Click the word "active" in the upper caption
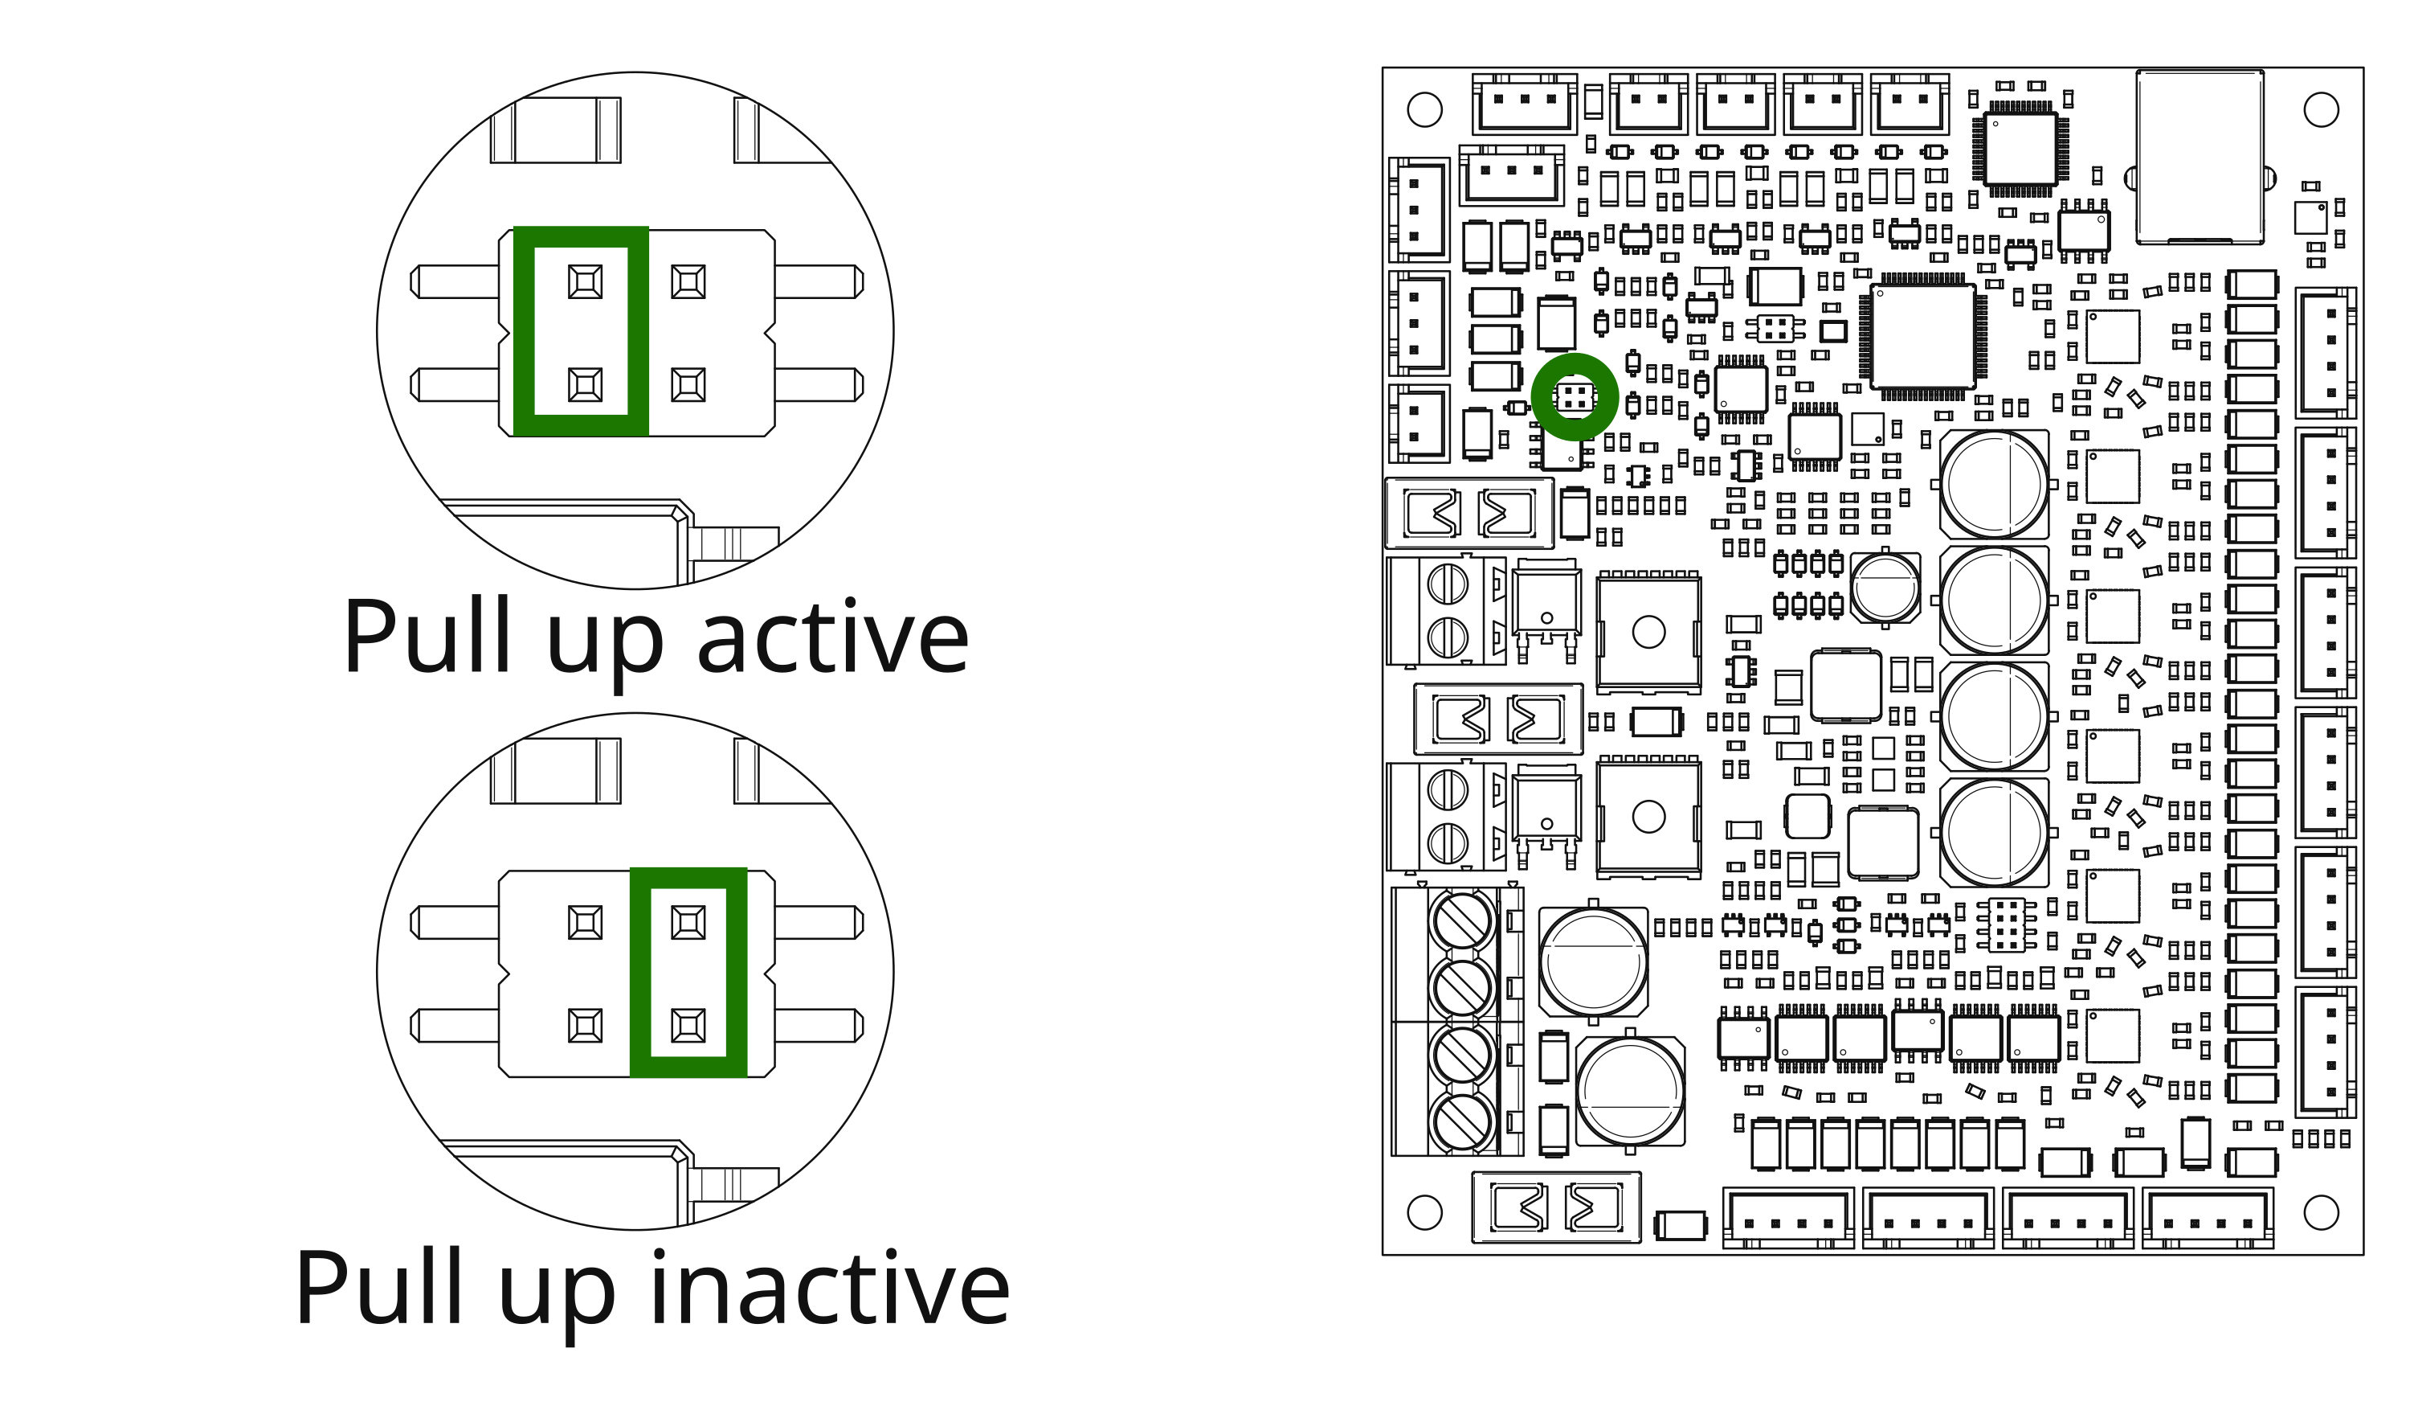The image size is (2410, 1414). click(833, 636)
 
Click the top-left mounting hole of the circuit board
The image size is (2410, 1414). click(1424, 109)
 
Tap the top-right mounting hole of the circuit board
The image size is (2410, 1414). click(2321, 109)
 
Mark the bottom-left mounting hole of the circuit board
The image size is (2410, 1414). click(1424, 1212)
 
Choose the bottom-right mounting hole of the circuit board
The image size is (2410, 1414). click(2321, 1212)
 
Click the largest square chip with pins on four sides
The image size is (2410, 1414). click(1923, 336)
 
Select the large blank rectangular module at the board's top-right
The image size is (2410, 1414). click(2200, 156)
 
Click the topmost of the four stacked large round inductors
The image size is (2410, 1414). click(1994, 484)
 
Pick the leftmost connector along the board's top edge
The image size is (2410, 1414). click(1525, 104)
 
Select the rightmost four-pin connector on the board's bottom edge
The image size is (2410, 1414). click(2208, 1218)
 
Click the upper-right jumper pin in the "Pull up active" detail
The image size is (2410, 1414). click(688, 281)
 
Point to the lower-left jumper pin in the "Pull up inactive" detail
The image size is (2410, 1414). click(586, 1026)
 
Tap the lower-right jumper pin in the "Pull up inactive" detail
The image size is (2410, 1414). click(688, 1026)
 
